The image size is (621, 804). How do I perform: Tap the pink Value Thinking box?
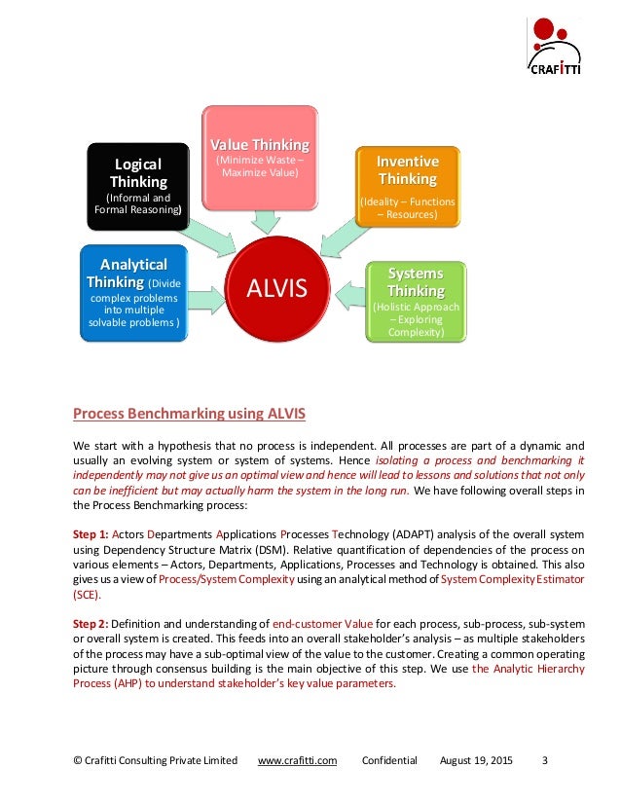(x=261, y=156)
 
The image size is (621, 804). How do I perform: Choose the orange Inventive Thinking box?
(x=407, y=185)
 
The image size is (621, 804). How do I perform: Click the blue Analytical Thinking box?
(x=133, y=292)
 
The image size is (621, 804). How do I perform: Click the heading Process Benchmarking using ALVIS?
(x=190, y=414)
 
